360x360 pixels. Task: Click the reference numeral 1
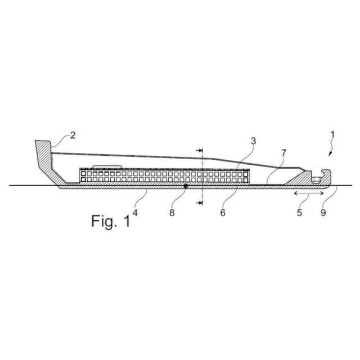pos(333,135)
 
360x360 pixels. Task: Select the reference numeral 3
pos(254,142)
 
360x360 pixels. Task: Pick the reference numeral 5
pos(300,213)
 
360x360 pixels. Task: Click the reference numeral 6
pos(223,213)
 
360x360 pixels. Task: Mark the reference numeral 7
pos(284,152)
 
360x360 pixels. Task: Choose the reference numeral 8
pos(172,213)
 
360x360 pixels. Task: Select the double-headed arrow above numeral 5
pos(307,193)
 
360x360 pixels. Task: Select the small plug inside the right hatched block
pos(317,179)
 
